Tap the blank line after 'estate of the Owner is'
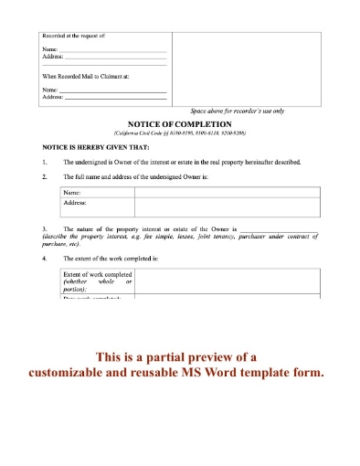(279, 229)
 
